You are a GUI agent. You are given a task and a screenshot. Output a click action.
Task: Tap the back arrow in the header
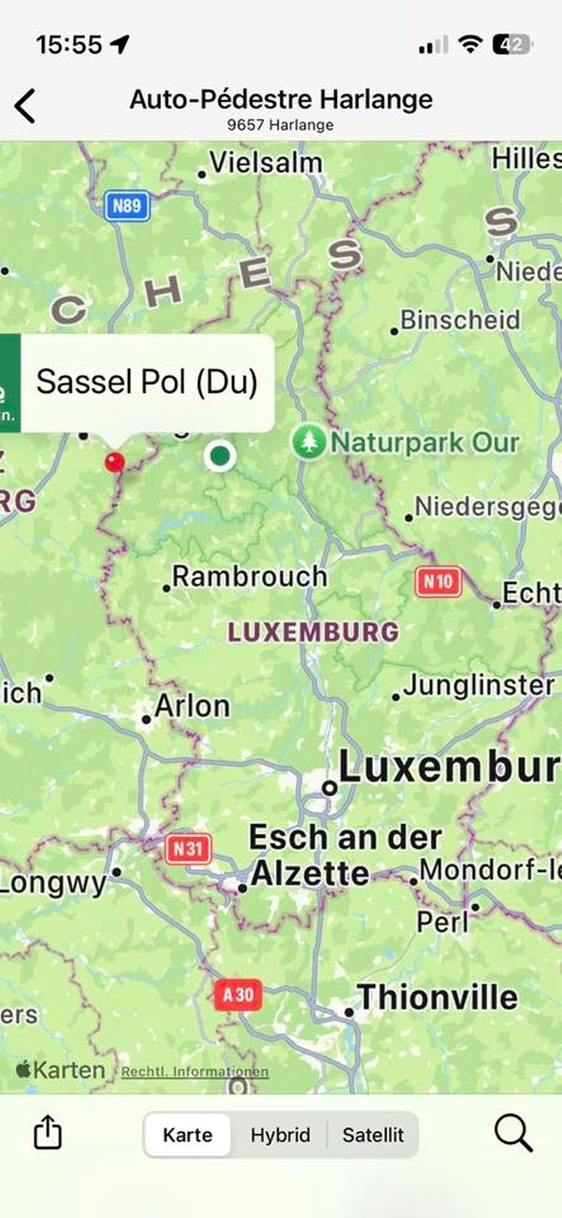[25, 106]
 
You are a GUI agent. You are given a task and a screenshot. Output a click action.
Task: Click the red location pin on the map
[114, 461]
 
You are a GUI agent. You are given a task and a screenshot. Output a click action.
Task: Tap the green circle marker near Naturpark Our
[219, 456]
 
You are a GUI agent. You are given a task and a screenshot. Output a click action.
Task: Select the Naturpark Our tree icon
[309, 442]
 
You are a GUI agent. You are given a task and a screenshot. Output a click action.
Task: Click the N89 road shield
[127, 205]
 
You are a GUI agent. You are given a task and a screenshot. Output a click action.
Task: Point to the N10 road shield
[438, 582]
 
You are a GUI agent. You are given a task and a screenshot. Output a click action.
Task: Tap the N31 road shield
[188, 849]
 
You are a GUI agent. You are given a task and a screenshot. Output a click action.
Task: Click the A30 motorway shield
[238, 995]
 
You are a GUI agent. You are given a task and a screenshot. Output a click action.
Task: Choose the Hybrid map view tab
[280, 1135]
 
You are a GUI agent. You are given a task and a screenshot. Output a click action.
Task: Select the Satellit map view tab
[373, 1135]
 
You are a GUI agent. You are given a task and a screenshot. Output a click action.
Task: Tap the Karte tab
[188, 1135]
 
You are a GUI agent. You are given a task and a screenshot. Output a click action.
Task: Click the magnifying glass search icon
[513, 1132]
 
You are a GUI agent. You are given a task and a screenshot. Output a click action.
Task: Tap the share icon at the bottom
[48, 1132]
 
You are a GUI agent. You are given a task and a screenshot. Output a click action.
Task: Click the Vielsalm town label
[266, 163]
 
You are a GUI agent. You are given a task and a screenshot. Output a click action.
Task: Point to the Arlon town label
[191, 707]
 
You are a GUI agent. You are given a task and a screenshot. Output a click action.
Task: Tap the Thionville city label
[437, 998]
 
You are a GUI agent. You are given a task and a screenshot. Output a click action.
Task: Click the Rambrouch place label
[249, 576]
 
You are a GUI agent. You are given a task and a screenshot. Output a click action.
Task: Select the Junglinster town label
[478, 686]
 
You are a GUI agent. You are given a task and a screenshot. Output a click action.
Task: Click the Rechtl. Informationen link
[195, 1072]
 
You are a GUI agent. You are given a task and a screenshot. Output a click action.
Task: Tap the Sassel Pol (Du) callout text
[147, 382]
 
